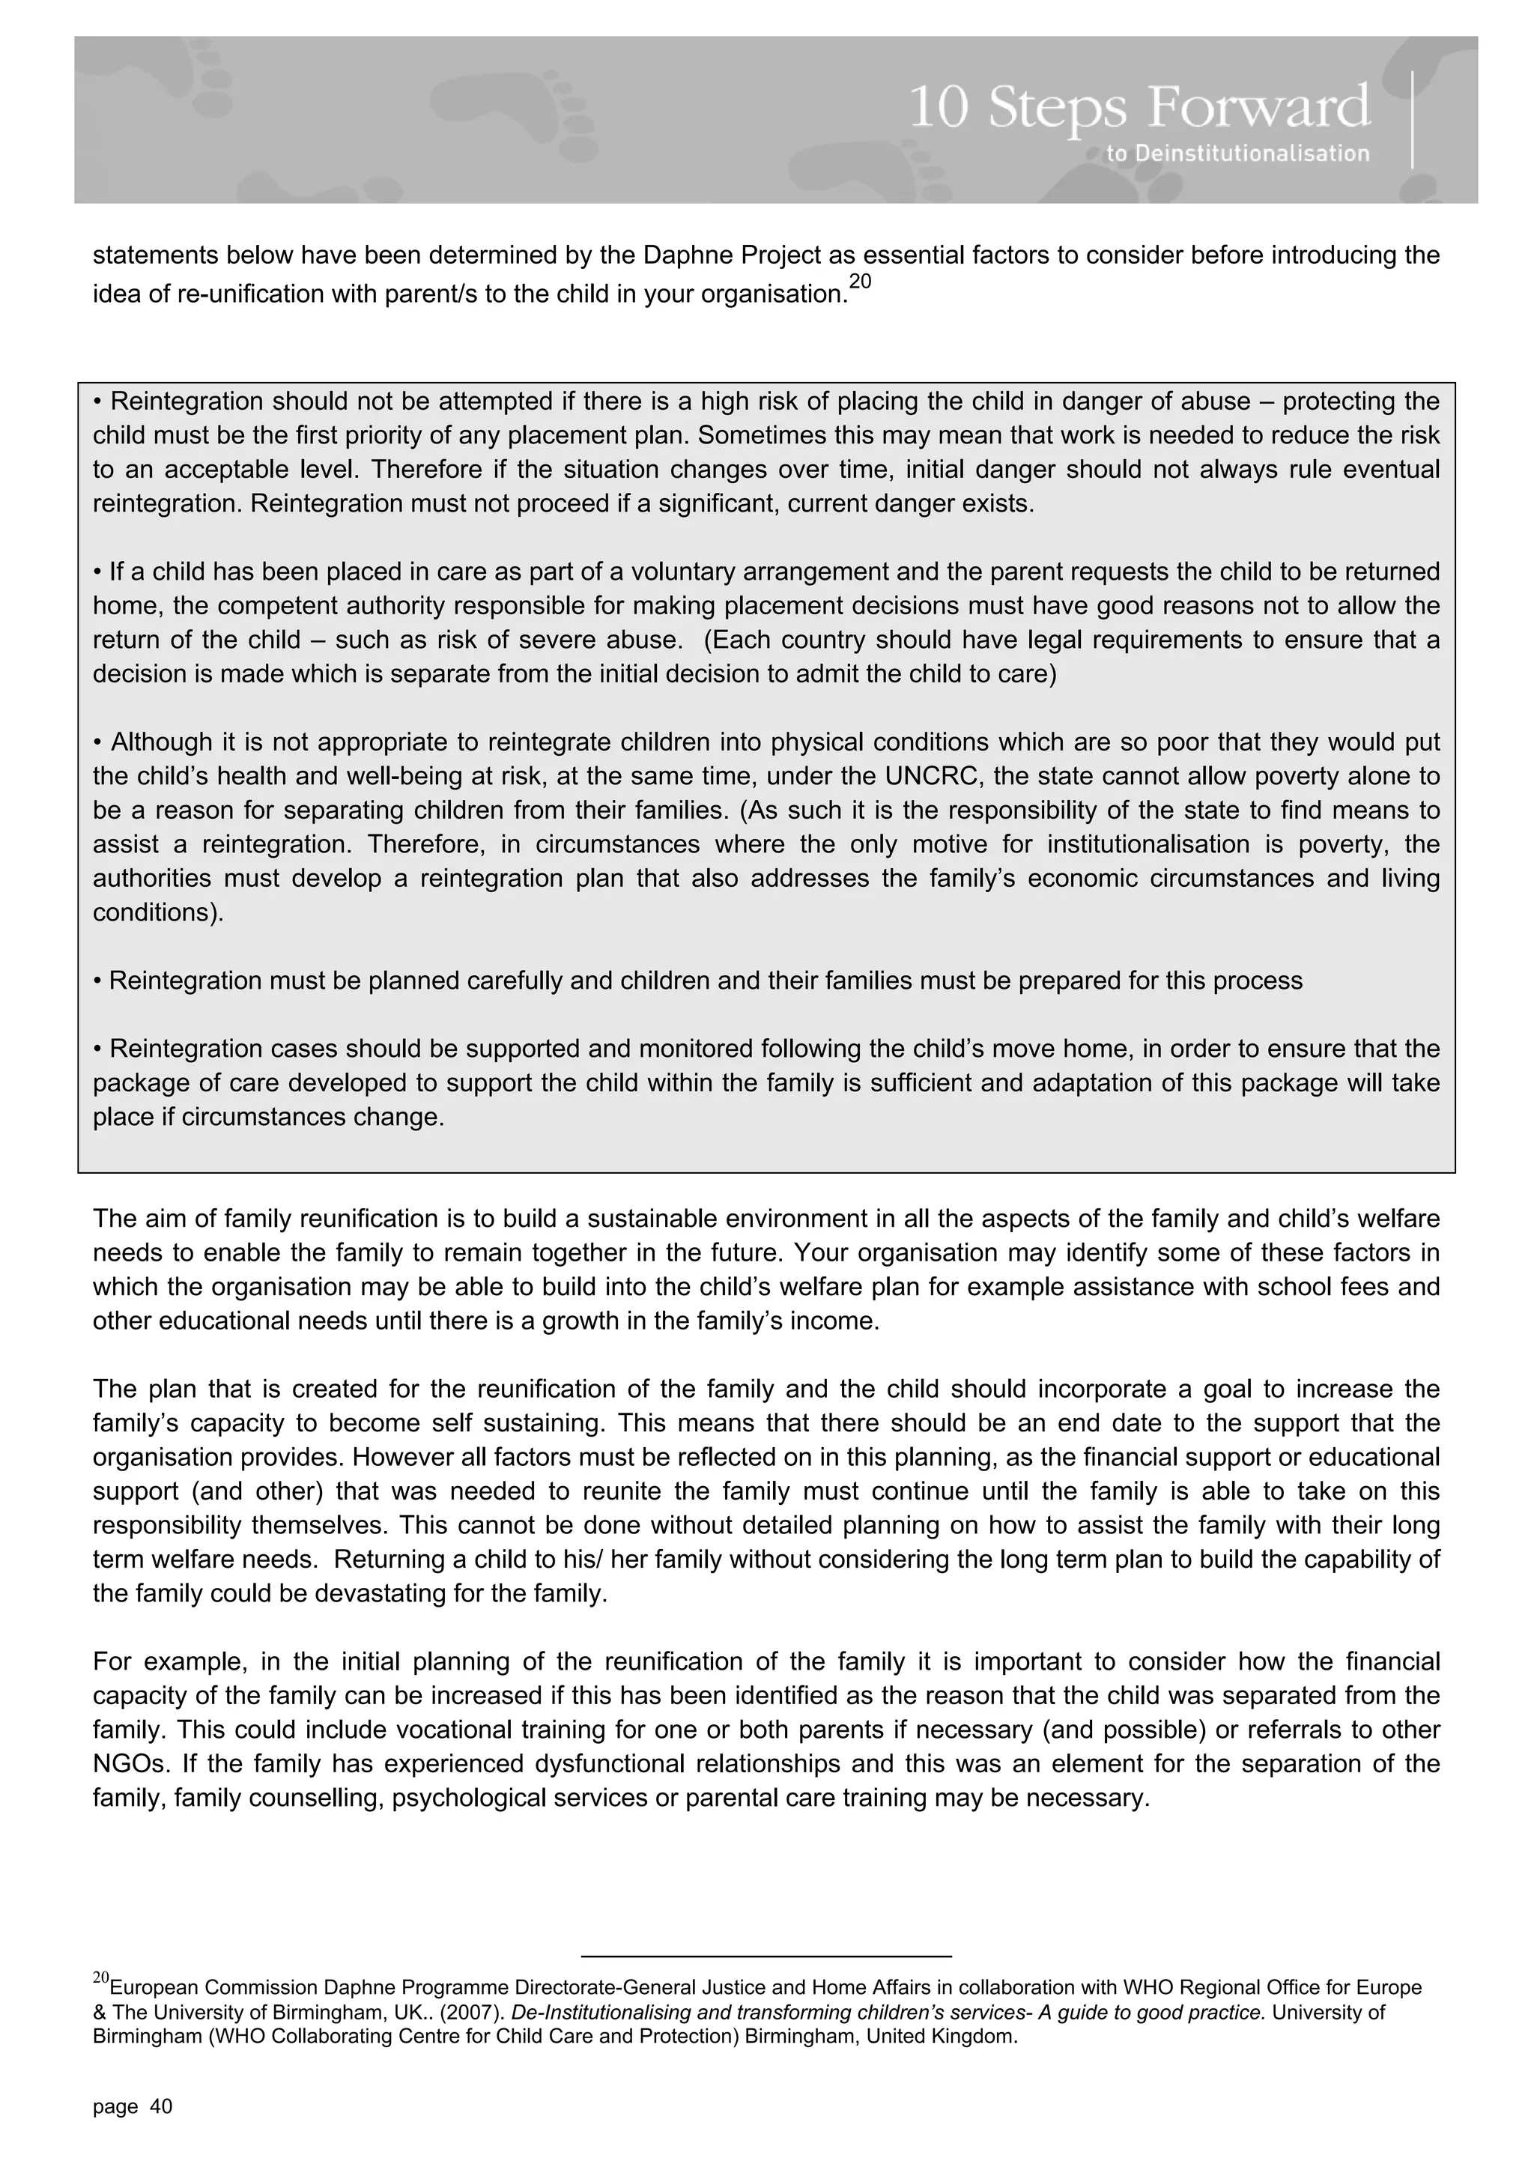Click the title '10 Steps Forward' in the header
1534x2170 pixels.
click(x=1139, y=107)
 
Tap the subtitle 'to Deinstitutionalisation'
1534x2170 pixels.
click(x=1237, y=153)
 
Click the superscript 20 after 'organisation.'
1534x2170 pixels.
click(x=860, y=282)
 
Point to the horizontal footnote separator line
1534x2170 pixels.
click(x=766, y=1956)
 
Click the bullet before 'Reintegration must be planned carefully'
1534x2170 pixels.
click(x=97, y=981)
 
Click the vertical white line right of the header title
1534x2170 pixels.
click(x=1413, y=119)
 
